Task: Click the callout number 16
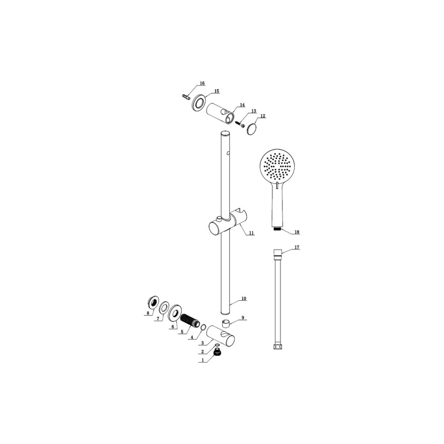click(x=202, y=83)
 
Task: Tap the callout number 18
click(x=297, y=232)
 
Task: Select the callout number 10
click(x=244, y=298)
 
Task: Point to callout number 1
click(x=203, y=360)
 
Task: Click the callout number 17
click(x=297, y=247)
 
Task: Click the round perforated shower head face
click(x=276, y=166)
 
